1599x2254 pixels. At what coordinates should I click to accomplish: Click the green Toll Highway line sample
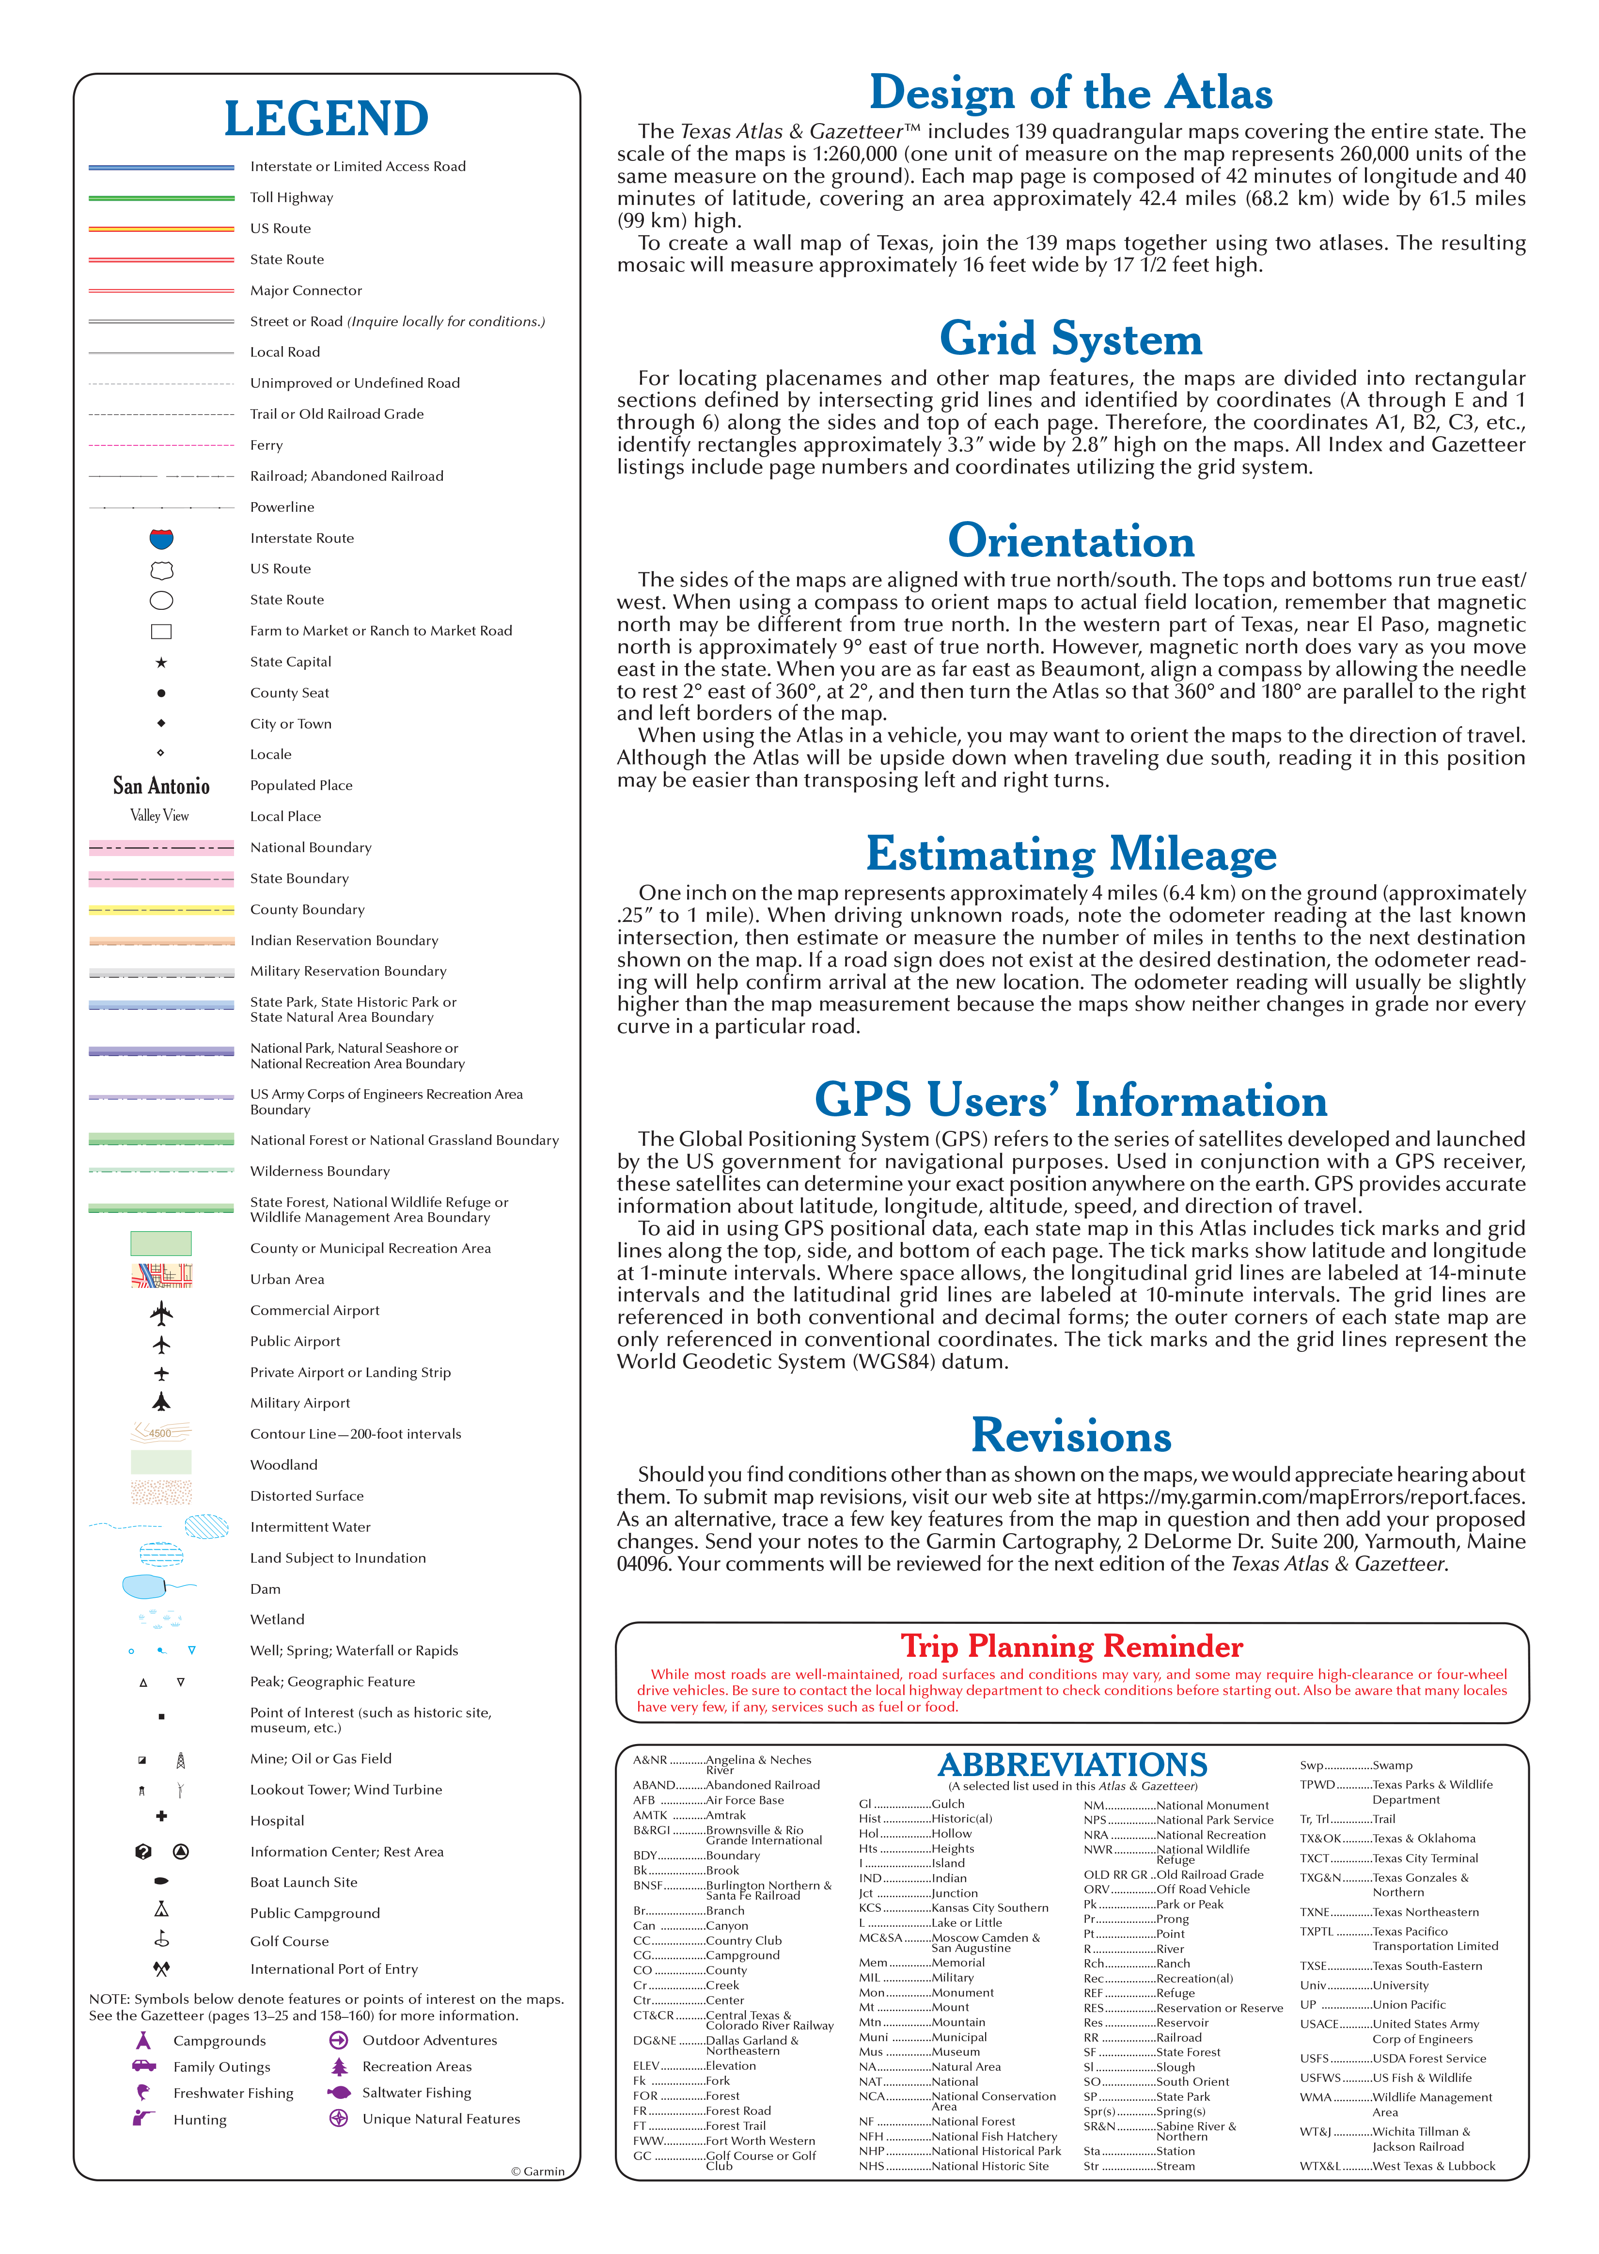161,198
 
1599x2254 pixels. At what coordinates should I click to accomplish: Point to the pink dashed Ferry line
161,445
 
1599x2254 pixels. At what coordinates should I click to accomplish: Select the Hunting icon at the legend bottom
144,2117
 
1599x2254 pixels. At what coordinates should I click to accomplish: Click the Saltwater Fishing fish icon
339,2092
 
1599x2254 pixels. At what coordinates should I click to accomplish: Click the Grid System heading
1070,339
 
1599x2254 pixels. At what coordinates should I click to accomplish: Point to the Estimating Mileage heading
1070,854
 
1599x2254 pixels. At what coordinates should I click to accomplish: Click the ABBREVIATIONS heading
1072,1763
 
